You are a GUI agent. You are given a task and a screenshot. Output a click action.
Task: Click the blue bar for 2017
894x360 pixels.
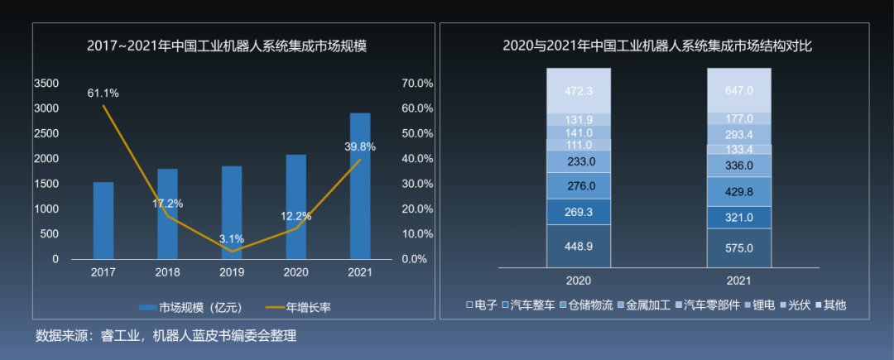pyautogui.click(x=103, y=220)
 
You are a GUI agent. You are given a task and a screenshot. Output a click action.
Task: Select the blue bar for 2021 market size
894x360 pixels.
pyautogui.click(x=360, y=186)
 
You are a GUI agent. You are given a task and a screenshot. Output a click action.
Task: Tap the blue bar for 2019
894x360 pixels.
pyautogui.click(x=232, y=213)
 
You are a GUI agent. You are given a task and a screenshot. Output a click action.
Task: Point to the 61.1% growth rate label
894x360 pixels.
pyautogui.click(x=103, y=94)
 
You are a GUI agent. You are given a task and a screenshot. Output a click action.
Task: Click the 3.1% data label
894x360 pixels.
pyautogui.click(x=232, y=239)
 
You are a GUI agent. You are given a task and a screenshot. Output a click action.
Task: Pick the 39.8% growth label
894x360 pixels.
pyautogui.click(x=360, y=146)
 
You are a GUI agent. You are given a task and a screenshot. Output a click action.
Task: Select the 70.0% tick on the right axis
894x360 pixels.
pyautogui.click(x=417, y=84)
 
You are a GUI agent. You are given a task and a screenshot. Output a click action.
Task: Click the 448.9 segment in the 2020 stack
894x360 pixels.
pyautogui.click(x=578, y=247)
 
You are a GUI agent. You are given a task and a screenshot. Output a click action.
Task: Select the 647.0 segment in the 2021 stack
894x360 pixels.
pyautogui.click(x=738, y=90)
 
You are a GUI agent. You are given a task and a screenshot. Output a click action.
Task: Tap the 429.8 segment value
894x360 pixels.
pyautogui.click(x=738, y=191)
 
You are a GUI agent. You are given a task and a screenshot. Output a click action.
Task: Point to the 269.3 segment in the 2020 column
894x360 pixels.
pyautogui.click(x=578, y=211)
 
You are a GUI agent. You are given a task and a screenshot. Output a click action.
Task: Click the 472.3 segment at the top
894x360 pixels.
pyautogui.click(x=578, y=90)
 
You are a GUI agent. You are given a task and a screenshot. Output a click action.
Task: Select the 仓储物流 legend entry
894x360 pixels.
pyautogui.click(x=590, y=305)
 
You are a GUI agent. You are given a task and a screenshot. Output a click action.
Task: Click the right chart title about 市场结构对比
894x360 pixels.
pyautogui.click(x=657, y=46)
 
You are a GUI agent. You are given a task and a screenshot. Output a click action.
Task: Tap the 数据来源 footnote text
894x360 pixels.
pyautogui.click(x=166, y=335)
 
